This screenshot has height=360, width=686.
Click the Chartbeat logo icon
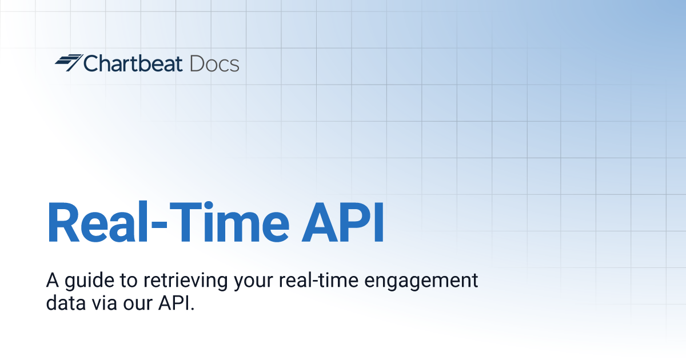(x=69, y=63)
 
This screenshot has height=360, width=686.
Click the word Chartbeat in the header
(x=133, y=63)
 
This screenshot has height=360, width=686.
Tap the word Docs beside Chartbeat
(x=214, y=63)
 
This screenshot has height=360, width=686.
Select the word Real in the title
(x=97, y=222)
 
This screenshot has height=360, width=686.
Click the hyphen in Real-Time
(x=159, y=225)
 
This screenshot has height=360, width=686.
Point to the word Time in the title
(x=229, y=222)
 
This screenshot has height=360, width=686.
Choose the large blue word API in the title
(x=342, y=222)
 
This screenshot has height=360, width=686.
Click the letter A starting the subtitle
(x=53, y=280)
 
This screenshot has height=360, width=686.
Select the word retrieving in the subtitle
(x=186, y=281)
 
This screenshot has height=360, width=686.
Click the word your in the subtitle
(x=253, y=282)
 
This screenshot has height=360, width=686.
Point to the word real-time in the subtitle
(x=318, y=280)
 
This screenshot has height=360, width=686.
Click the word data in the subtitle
(x=66, y=303)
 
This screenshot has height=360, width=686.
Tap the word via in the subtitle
(x=104, y=303)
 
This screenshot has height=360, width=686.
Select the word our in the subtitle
(x=138, y=305)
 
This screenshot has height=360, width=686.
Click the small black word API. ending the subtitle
(x=177, y=303)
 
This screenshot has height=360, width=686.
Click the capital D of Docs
(x=197, y=63)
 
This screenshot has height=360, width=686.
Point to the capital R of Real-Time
(x=63, y=222)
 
